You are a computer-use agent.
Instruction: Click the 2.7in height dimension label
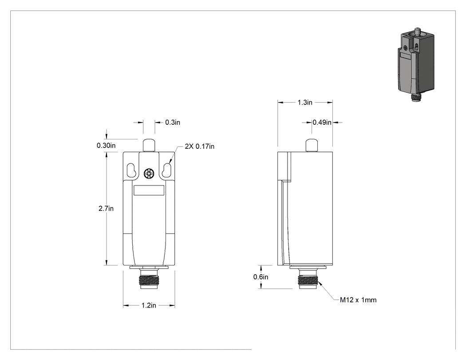click(x=106, y=208)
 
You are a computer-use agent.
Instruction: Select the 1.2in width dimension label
click(x=149, y=305)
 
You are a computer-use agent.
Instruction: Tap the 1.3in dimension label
click(x=305, y=102)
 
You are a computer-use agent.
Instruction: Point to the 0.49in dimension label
click(x=322, y=122)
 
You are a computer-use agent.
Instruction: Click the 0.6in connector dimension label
click(x=261, y=277)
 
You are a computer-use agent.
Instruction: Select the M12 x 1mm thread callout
click(x=358, y=300)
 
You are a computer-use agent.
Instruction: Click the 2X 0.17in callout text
click(x=199, y=146)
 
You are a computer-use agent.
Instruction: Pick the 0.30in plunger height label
click(x=106, y=145)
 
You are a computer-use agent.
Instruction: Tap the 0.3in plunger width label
click(x=173, y=122)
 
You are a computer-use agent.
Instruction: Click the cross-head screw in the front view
click(x=149, y=174)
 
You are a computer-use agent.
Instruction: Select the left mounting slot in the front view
click(x=131, y=170)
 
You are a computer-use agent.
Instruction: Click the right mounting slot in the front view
click(x=167, y=170)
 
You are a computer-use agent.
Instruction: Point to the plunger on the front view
click(x=149, y=145)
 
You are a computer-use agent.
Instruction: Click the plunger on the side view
click(x=311, y=145)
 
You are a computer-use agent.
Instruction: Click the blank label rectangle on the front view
click(x=149, y=190)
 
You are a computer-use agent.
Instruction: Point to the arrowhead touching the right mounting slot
click(x=170, y=162)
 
